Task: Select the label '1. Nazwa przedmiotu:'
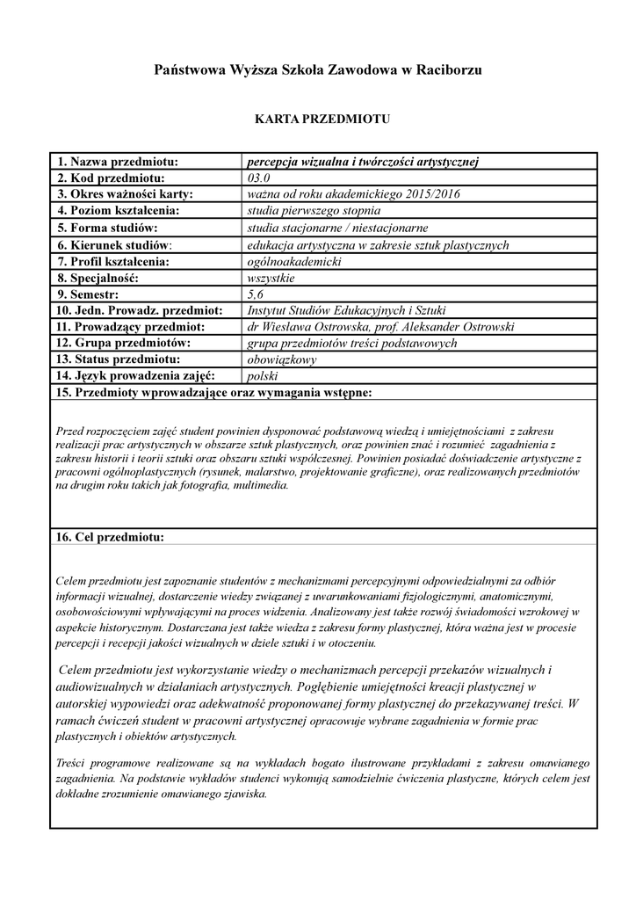click(x=119, y=162)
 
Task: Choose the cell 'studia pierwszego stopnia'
click(x=314, y=211)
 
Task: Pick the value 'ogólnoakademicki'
click(x=293, y=261)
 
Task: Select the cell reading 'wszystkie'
click(x=271, y=278)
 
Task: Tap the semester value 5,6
click(x=257, y=294)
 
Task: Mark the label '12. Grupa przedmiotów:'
click(x=125, y=343)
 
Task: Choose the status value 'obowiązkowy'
click(x=282, y=359)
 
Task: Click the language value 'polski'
click(x=263, y=376)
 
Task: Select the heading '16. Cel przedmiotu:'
click(x=111, y=536)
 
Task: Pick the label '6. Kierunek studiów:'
click(x=115, y=244)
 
